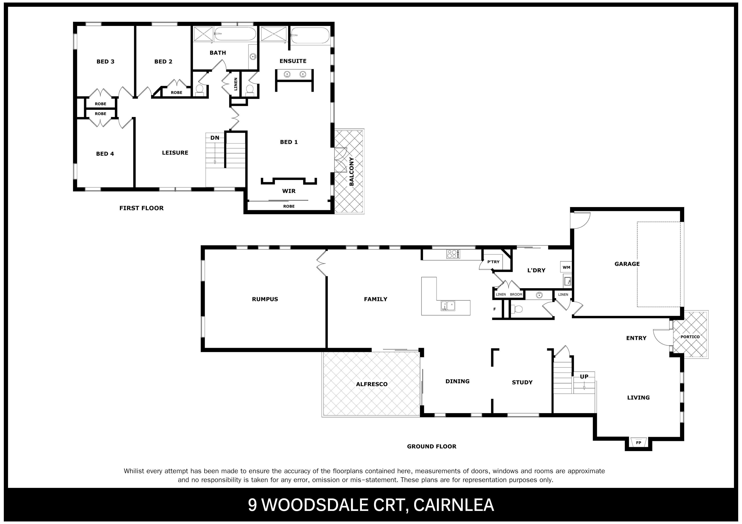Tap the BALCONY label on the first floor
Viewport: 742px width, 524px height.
352,171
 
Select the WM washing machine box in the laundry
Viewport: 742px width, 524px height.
566,267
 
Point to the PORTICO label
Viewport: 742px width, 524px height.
690,337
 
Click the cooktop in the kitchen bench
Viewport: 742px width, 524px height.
453,254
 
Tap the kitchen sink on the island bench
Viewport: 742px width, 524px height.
448,306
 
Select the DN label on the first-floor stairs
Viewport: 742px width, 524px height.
215,138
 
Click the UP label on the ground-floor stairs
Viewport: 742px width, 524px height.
584,377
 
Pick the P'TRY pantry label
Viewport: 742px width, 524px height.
493,262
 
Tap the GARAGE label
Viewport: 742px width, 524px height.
627,264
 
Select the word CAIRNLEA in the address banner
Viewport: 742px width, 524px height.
453,505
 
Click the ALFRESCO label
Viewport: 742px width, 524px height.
372,384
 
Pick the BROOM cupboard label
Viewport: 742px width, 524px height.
516,295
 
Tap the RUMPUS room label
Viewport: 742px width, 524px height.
265,299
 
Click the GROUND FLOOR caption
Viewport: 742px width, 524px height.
432,446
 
